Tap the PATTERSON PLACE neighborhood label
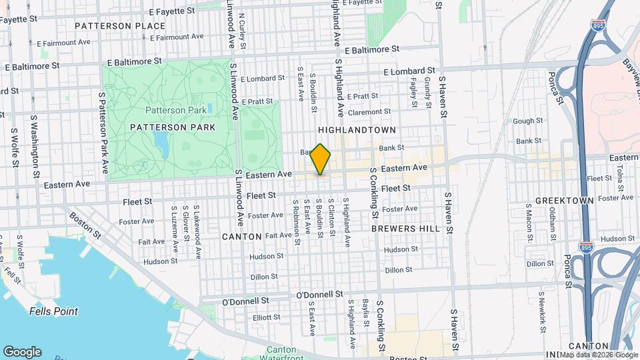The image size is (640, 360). pyautogui.click(x=120, y=26)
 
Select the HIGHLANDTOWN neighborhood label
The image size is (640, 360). pyautogui.click(x=357, y=129)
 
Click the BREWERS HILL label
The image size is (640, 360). pyautogui.click(x=405, y=228)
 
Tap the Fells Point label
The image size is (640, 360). pyautogui.click(x=53, y=311)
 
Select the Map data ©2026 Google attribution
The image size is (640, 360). pyautogui.click(x=599, y=354)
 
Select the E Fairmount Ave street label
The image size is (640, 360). pyautogui.click(x=64, y=42)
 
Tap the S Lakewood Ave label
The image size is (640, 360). pyautogui.click(x=198, y=232)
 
